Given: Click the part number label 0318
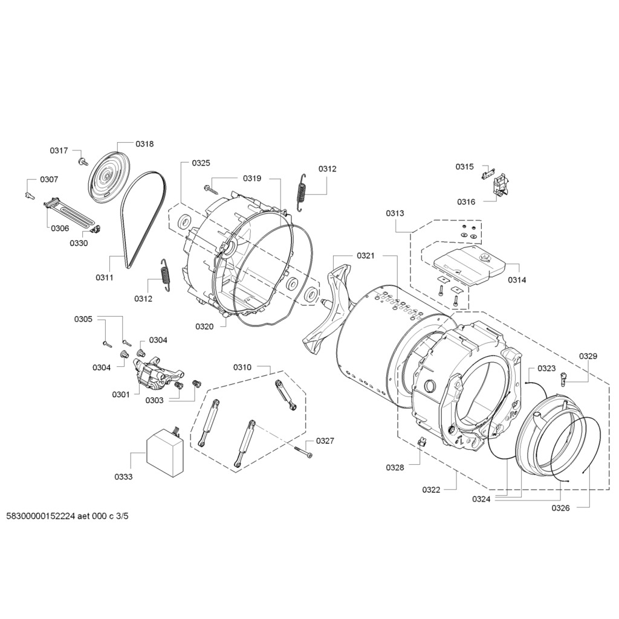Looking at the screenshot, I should (144, 144).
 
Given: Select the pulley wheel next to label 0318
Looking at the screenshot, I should (106, 176).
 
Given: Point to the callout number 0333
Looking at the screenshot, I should (123, 476).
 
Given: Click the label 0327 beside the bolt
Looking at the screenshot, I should (325, 441).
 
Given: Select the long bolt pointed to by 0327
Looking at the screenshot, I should (303, 450).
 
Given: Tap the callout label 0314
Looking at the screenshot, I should (517, 280).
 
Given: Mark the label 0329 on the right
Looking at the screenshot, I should (588, 356).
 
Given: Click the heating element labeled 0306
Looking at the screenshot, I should (68, 211).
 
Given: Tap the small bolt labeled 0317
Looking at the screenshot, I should (81, 161).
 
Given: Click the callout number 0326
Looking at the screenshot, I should (560, 508).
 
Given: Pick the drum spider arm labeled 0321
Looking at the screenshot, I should (329, 308).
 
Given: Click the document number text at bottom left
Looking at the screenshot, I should (67, 517).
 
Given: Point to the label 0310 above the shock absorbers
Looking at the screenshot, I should (242, 368).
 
